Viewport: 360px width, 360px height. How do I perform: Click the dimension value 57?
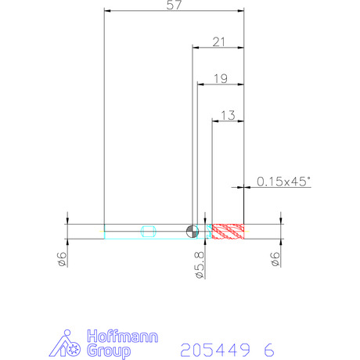point(174,5)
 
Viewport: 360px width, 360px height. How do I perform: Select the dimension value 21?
point(218,41)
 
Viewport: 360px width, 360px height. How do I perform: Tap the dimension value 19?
point(221,78)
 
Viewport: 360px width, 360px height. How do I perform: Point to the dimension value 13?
point(228,115)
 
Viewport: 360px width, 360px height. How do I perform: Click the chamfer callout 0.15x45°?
point(284,182)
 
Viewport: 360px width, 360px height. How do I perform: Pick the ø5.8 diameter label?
point(200,265)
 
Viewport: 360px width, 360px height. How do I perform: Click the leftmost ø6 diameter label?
point(62,259)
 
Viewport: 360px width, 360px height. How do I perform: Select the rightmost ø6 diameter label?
point(275,259)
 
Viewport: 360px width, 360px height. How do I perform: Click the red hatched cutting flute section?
point(228,232)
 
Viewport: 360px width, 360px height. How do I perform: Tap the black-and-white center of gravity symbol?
point(193,231)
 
